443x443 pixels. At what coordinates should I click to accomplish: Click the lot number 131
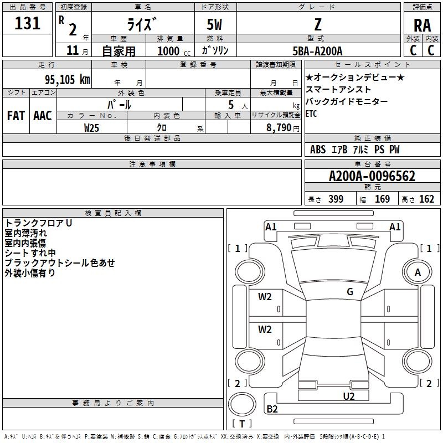28,23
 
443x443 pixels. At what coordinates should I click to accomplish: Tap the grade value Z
318,24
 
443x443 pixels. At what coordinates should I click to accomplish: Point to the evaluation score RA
422,25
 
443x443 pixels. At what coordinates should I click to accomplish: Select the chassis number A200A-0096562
372,177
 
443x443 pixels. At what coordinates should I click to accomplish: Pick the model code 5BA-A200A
317,51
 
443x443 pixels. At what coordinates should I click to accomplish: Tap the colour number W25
92,127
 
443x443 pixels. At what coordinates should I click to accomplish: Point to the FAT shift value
16,116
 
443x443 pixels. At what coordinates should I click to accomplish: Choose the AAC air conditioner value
43,116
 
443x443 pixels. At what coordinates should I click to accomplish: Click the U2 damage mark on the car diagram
348,396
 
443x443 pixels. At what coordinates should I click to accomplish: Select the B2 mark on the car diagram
272,409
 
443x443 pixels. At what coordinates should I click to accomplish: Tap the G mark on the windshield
350,292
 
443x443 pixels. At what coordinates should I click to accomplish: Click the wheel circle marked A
418,272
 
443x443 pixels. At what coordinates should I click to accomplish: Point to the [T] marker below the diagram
241,424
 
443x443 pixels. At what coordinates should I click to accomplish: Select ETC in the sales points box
311,114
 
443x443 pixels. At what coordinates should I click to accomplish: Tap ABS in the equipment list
318,150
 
